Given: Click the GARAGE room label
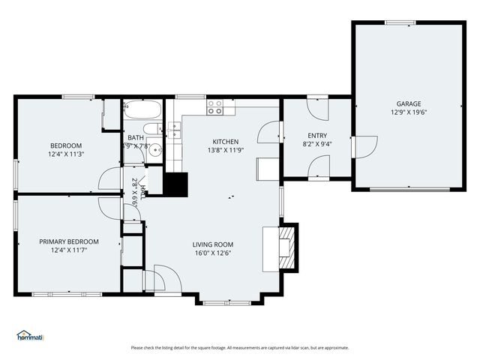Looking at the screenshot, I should (409, 104).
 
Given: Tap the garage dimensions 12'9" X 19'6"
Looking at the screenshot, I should (409, 112).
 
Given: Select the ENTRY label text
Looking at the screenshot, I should (317, 136).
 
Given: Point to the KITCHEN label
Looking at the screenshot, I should (225, 142).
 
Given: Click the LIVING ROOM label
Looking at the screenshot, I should (213, 244).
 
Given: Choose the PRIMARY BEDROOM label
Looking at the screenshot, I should (69, 241).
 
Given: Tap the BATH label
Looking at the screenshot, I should (136, 138).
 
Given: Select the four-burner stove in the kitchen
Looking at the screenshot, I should (216, 106).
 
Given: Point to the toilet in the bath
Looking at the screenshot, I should (151, 130).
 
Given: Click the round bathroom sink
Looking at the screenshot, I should (155, 150).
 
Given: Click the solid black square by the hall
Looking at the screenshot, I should (176, 184).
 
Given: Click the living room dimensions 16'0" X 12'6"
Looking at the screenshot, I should (213, 253).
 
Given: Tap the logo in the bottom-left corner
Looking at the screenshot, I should (30, 335).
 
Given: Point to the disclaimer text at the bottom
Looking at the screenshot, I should (239, 347).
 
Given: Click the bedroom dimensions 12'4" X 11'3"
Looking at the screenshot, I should (66, 154).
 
